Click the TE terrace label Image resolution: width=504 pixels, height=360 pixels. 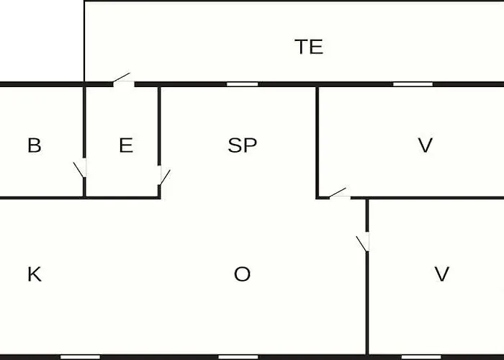point(309,47)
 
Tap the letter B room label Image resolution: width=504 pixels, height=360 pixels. point(35,145)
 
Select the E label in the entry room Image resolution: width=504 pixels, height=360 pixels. point(126,145)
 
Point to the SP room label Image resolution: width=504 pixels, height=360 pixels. point(243,145)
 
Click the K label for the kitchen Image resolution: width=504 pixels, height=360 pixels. point(35,274)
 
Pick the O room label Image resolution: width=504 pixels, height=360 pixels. point(242,274)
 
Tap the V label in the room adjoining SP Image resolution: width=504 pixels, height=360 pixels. point(426,145)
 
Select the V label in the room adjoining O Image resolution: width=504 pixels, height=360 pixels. point(442,274)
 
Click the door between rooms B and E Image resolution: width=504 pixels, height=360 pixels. point(81,168)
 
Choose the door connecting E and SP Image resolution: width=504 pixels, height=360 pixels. point(164,176)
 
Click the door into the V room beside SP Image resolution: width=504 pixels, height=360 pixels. point(339,194)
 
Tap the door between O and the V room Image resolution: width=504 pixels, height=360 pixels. point(363,242)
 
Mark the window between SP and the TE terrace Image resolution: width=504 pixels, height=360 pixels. point(243,84)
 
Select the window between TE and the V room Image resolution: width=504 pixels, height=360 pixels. point(413,84)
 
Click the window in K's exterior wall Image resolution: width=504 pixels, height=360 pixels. point(81,357)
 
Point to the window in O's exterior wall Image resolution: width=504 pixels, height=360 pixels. point(238,357)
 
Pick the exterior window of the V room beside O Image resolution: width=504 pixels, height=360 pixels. point(421,357)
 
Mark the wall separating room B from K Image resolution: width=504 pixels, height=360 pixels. point(42,198)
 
